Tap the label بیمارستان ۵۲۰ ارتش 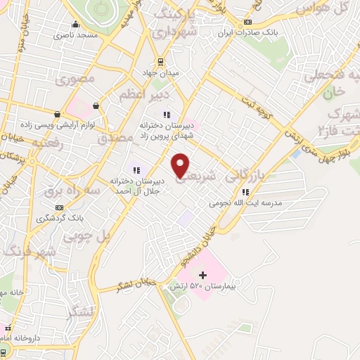point(203,287)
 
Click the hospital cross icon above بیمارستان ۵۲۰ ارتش point(203,274)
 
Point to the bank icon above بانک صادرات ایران point(247,22)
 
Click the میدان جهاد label point(167,72)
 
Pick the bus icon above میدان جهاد point(161,60)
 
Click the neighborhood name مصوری point(80,79)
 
